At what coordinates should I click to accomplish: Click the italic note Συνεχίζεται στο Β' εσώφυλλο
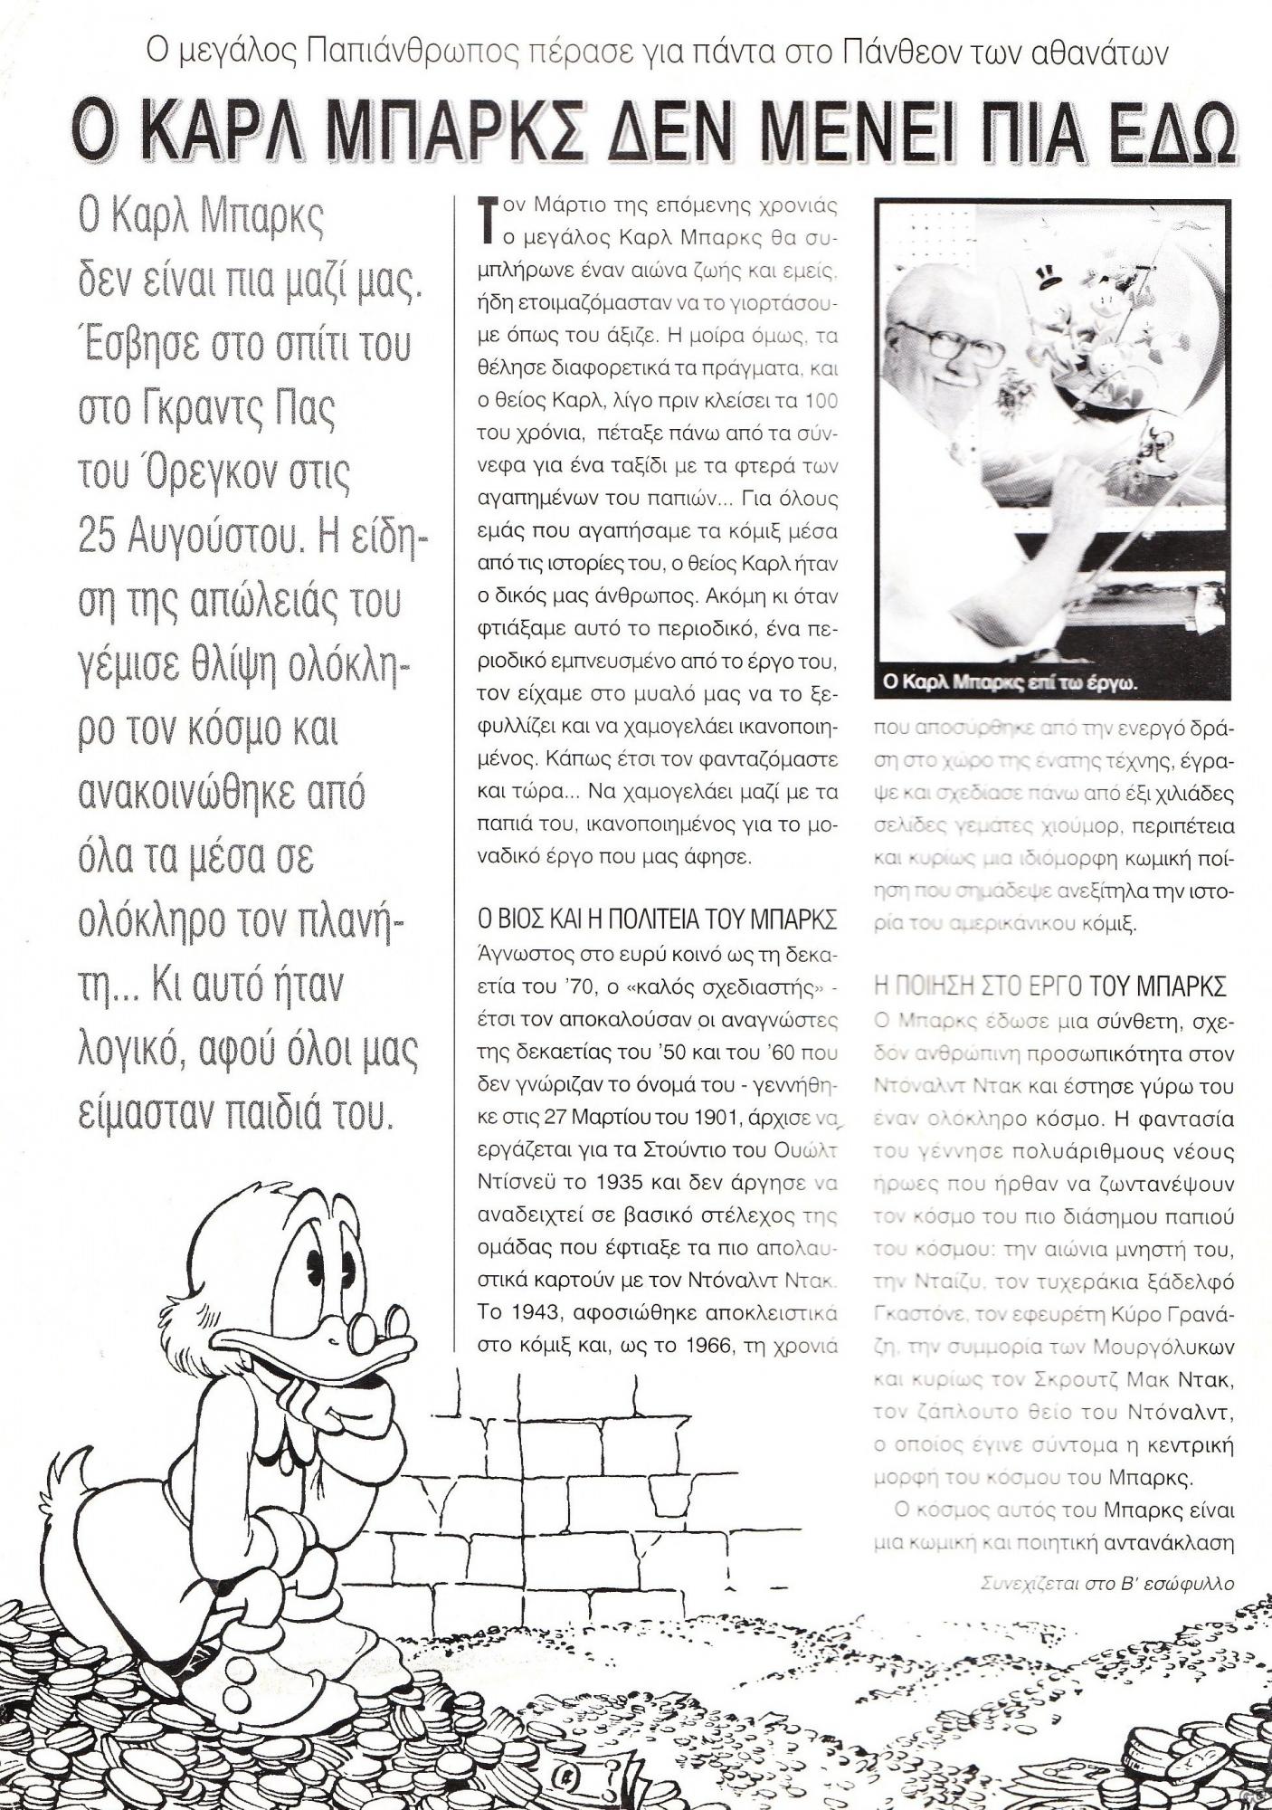(x=1106, y=1584)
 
